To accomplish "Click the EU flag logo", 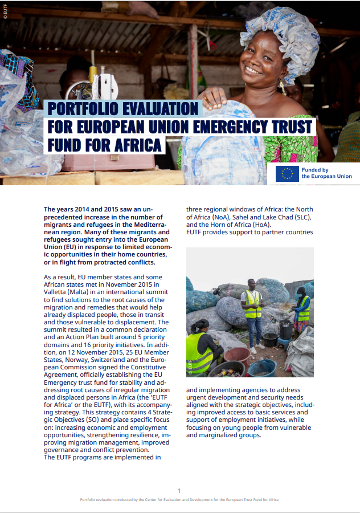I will (x=287, y=173).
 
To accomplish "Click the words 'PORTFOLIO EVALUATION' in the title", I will (x=123, y=108).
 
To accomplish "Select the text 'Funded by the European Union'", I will (x=326, y=173).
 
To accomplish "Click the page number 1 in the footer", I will (x=179, y=490).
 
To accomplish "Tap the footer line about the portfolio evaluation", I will (x=179, y=499).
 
